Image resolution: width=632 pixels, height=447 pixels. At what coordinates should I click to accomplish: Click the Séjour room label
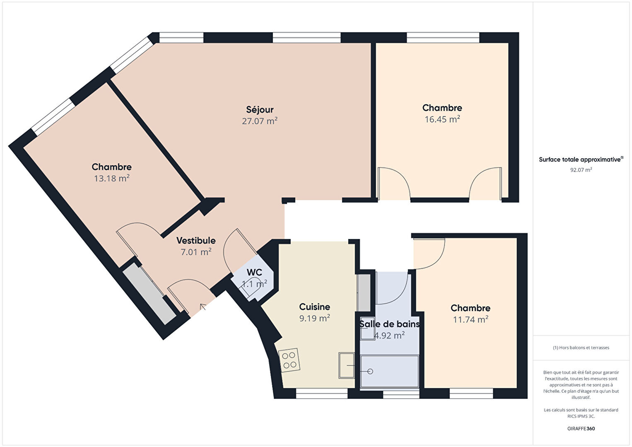coord(260,110)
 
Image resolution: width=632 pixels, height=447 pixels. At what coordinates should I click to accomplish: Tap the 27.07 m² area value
coord(260,121)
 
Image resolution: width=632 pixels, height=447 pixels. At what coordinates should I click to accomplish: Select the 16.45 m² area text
coord(442,119)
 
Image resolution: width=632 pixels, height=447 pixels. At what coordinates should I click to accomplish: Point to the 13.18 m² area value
coord(112,179)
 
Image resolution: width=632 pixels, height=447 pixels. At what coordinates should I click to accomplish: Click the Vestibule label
coord(196,241)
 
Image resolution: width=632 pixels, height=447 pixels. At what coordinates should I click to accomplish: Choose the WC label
coord(254,272)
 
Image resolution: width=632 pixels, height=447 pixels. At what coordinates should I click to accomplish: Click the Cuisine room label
coord(315,307)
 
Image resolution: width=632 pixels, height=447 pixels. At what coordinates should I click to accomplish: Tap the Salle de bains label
coord(389,324)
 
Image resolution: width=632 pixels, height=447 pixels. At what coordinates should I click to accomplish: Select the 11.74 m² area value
coord(470,319)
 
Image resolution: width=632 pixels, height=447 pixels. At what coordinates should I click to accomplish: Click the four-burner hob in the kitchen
coord(289,360)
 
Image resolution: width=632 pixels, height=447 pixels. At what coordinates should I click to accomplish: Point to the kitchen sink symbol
coord(347,365)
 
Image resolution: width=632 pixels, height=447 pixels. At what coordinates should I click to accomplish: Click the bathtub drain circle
coord(370,371)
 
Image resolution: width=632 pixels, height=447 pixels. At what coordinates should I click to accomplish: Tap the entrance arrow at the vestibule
coord(203,307)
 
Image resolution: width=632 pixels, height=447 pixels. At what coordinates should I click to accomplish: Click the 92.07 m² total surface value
coord(581,170)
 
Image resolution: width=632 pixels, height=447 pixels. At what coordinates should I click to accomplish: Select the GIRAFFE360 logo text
coord(581,428)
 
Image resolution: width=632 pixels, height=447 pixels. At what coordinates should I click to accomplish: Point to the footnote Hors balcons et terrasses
coord(581,348)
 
